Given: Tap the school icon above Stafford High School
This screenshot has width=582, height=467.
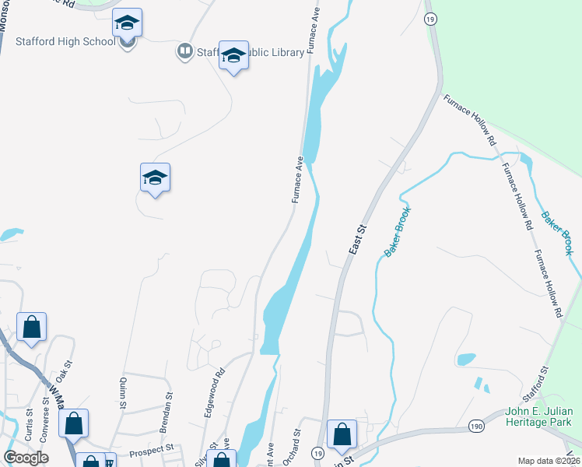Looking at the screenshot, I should point(126,23).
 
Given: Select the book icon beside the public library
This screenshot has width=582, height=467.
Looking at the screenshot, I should point(184,51).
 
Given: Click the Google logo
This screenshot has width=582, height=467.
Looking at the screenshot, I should point(26,458).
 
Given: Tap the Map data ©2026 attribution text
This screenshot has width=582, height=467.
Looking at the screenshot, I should point(549,461).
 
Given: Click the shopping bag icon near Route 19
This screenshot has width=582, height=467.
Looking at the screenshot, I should point(342,435).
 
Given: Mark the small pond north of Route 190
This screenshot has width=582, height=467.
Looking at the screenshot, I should point(467,359).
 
